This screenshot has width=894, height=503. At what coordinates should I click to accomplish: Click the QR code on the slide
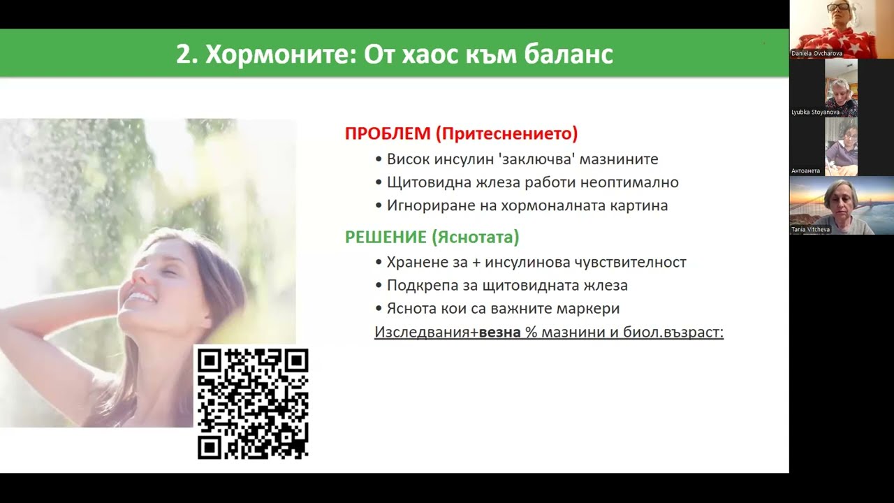point(253,404)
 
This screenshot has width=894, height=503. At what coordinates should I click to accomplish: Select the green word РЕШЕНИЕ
point(386,238)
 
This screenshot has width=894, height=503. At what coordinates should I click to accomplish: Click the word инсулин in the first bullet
point(457,159)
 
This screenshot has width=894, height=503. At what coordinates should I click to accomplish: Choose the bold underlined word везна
point(500,332)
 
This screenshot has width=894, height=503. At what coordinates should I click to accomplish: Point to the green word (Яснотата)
point(475,238)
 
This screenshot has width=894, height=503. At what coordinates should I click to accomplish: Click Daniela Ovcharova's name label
point(816,53)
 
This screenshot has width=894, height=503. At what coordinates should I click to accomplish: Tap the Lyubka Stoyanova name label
point(814,112)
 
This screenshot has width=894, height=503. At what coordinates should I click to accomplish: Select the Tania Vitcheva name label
point(810,229)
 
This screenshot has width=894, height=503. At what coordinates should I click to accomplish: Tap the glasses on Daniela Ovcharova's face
point(837,7)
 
